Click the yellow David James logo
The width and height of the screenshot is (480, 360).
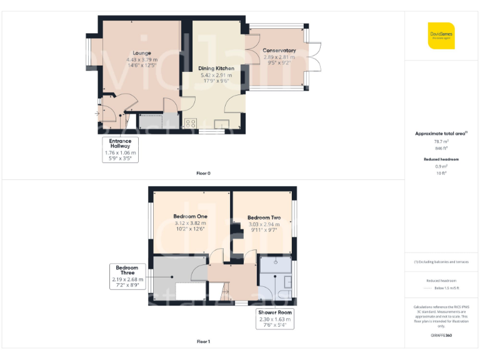tap(441, 36)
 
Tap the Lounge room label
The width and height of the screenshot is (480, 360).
tap(142, 53)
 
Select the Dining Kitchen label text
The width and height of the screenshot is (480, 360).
tap(216, 68)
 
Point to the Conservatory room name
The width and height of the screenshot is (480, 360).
tap(279, 51)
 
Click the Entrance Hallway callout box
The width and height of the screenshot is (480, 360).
tap(120, 149)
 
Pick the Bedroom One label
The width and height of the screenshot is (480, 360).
tap(190, 216)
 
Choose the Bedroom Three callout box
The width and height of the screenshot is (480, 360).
tap(127, 276)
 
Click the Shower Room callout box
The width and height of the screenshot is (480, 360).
tap(275, 319)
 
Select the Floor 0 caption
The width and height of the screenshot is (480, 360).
tap(203, 173)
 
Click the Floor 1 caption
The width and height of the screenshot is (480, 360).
tap(203, 342)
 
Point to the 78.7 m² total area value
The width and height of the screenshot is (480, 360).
tap(441, 142)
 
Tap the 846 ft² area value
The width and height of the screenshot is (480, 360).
tap(441, 149)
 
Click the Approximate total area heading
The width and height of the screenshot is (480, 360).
tap(441, 134)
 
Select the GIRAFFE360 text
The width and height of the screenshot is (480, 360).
tap(441, 336)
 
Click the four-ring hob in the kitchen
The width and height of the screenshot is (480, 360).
tap(191, 123)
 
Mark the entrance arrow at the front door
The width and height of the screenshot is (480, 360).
tap(97, 114)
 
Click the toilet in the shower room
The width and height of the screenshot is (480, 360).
tap(284, 296)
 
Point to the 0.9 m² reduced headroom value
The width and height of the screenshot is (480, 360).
tap(441, 166)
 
